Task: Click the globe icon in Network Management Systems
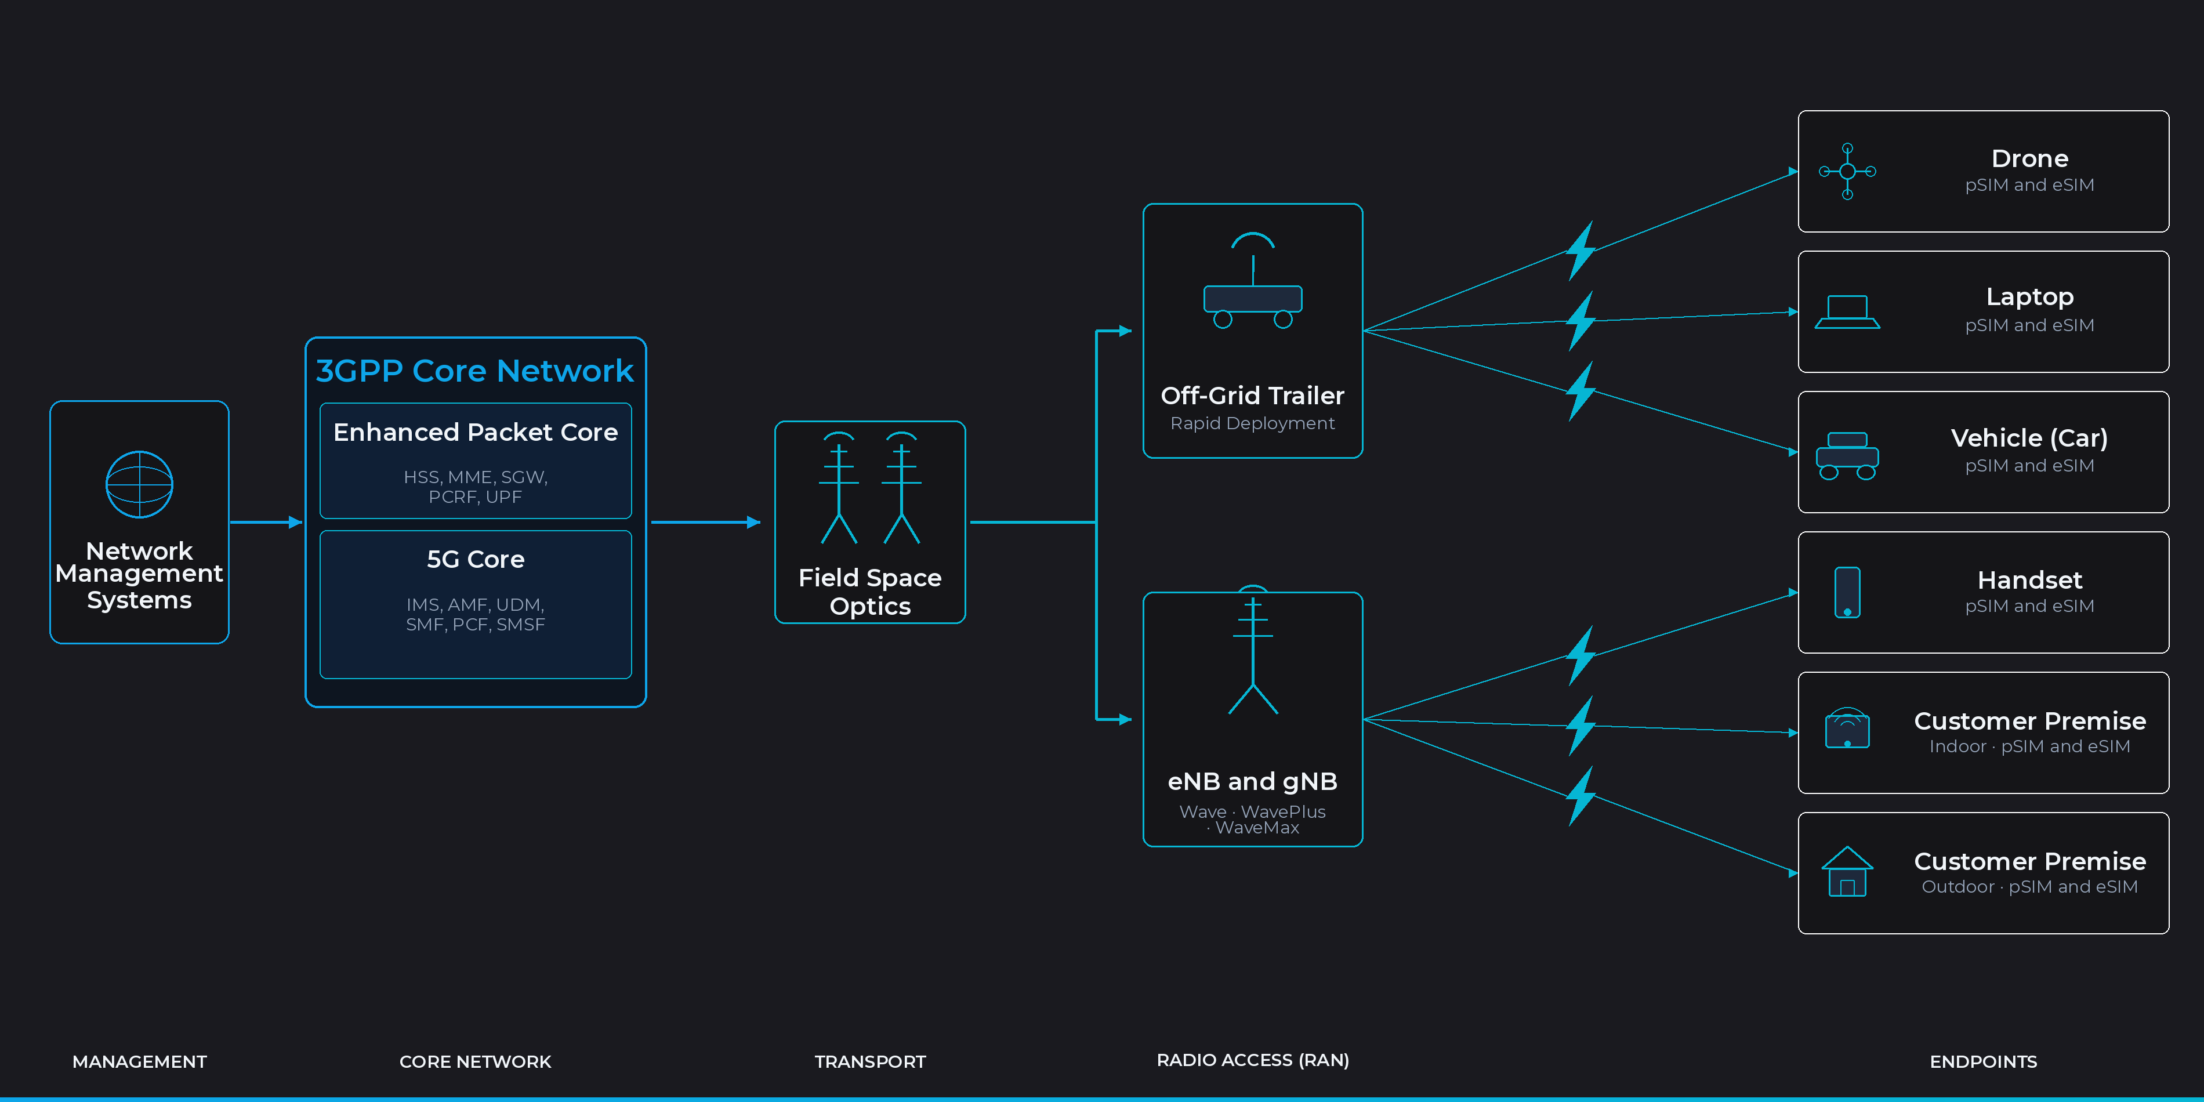click(x=139, y=484)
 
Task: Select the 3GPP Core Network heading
click(x=475, y=371)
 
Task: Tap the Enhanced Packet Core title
click(x=475, y=433)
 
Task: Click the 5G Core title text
click(x=475, y=560)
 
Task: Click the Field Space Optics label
click(x=869, y=591)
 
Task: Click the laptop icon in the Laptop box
click(x=1847, y=312)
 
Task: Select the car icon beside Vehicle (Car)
click(x=1847, y=455)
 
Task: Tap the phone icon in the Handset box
click(x=1847, y=592)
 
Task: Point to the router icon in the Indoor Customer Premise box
click(x=1847, y=729)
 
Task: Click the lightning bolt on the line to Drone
click(x=1581, y=251)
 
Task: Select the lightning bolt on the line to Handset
click(x=1581, y=655)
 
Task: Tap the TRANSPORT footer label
click(x=869, y=1062)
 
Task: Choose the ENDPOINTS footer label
click(x=1982, y=1062)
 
